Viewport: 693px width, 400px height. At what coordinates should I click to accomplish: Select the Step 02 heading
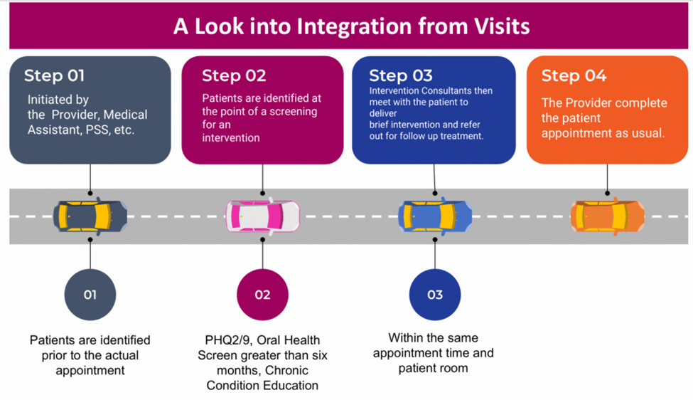tap(234, 76)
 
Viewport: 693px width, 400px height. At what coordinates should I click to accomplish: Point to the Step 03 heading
tap(401, 76)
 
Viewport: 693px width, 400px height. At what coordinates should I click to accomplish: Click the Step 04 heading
tap(574, 76)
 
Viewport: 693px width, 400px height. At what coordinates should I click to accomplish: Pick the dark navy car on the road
tap(90, 216)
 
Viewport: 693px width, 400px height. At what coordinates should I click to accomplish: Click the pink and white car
tap(262, 216)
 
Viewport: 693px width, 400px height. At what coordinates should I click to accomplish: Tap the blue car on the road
tap(435, 216)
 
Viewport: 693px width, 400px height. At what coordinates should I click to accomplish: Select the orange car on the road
tap(607, 216)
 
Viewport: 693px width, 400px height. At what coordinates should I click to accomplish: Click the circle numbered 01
tap(90, 294)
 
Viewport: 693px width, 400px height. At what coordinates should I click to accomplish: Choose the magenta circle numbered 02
tap(262, 294)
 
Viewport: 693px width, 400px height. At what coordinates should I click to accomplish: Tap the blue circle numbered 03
tap(435, 294)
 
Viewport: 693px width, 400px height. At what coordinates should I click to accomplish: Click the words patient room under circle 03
tap(433, 368)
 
